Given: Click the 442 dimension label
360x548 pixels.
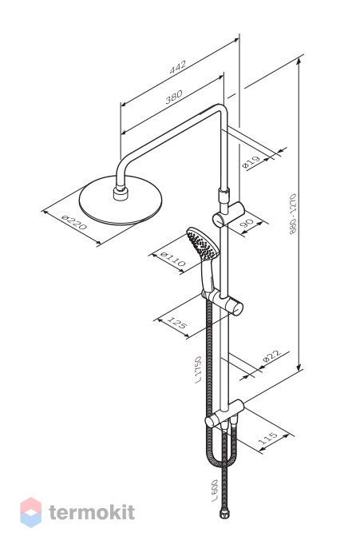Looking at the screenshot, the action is pos(178,67).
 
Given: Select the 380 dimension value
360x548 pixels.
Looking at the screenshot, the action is pos(173,97).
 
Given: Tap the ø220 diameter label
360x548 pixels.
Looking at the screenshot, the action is pos(73,222).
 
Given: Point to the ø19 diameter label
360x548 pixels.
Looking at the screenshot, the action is pos(251,162).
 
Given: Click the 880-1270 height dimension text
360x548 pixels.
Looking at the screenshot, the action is pos(293,214).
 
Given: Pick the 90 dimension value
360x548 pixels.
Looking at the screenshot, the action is pos(247,224).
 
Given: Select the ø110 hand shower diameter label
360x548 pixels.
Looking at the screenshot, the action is pos(172,260).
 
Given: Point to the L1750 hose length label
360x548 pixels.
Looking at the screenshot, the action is pos(198,369).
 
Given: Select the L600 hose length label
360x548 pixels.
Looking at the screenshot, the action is pos(215,491).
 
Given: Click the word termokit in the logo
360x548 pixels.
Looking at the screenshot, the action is pos(92,513).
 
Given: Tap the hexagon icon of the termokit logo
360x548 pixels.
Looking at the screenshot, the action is pos(30,512).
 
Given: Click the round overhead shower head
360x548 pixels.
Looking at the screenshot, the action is pos(121,201).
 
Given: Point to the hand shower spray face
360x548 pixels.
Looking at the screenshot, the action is pos(202,244).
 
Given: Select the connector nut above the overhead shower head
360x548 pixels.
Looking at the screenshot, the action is pos(121,193).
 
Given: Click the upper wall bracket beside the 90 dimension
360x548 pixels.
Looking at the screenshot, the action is pos(229,215).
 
